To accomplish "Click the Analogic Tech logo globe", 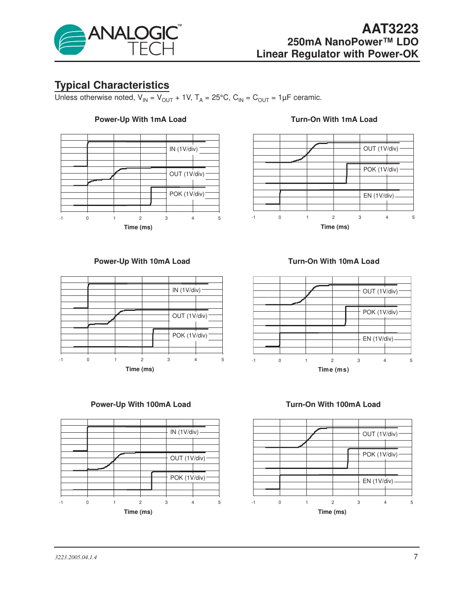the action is (70, 40).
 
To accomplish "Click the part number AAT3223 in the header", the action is (390, 29).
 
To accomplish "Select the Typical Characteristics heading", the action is (112, 85).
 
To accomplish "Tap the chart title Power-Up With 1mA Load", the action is (140, 119).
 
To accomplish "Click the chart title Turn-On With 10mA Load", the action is (333, 261).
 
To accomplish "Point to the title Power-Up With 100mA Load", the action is (141, 404).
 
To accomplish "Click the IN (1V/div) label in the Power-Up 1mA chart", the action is (183, 149).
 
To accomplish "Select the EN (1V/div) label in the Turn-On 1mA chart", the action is (378, 196).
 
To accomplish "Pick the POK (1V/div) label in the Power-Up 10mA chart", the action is (189, 335).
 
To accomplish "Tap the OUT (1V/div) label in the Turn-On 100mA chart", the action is (380, 434).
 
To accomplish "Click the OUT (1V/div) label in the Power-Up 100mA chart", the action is (187, 458).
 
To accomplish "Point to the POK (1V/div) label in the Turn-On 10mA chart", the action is (380, 312).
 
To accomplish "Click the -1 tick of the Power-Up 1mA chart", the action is (61, 218).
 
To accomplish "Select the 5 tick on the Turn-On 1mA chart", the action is (413, 217).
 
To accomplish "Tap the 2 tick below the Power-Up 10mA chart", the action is (142, 359).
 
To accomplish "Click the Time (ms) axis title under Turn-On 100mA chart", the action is (332, 512).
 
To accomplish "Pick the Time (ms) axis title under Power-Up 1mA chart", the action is (138, 227).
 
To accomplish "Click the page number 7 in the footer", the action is (415, 557).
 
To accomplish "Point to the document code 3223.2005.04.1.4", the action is (76, 557).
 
